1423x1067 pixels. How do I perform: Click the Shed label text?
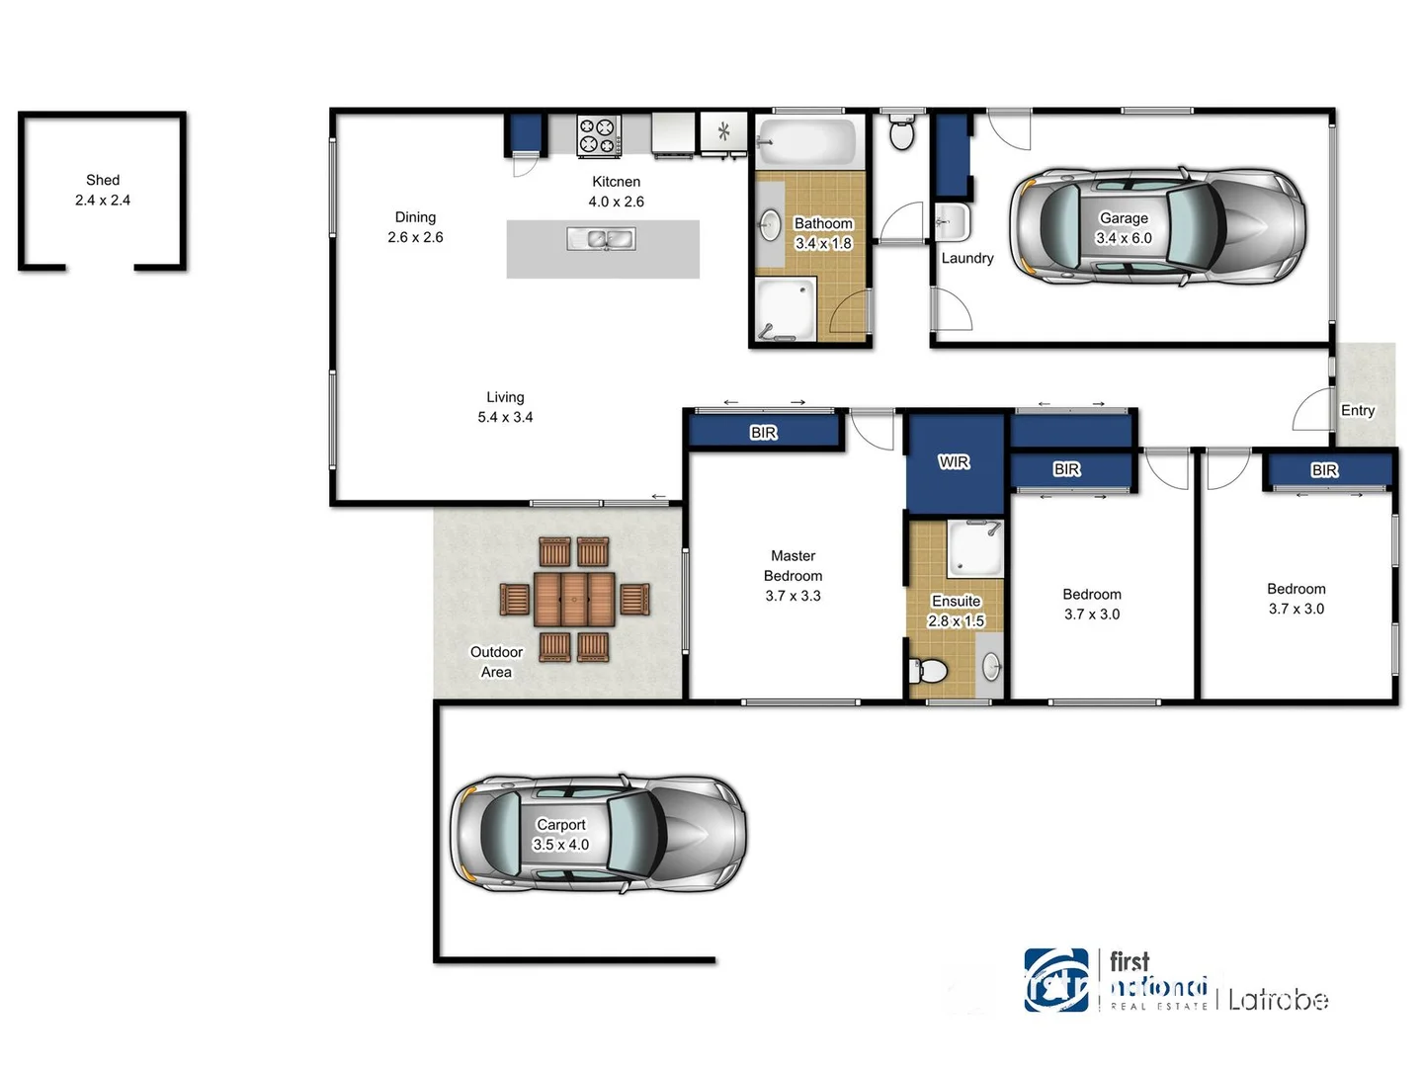(103, 181)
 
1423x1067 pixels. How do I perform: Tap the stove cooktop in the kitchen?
(599, 136)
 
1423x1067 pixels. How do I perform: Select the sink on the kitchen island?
(602, 238)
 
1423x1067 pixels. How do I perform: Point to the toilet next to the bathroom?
(901, 131)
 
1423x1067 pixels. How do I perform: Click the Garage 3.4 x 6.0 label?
(1124, 228)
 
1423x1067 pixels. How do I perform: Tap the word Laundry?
(966, 258)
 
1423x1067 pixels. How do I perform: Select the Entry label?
(1357, 410)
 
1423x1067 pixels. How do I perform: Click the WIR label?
(954, 461)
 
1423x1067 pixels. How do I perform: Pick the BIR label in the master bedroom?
(763, 433)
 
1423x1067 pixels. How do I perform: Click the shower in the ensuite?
(974, 549)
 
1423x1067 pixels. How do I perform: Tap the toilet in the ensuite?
(929, 671)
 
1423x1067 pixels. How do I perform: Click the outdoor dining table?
(574, 600)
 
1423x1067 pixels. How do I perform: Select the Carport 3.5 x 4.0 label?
(560, 835)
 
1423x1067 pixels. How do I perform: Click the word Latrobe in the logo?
(1278, 1000)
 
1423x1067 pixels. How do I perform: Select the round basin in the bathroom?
(770, 225)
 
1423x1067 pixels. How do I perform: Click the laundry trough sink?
(952, 222)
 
